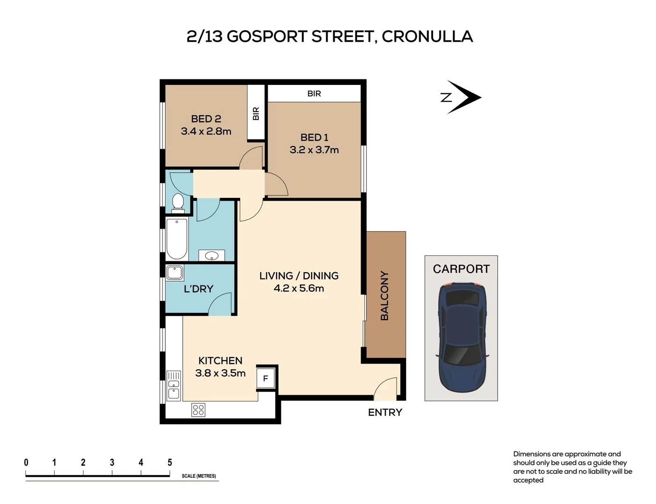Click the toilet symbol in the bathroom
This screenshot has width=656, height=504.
(x=178, y=203)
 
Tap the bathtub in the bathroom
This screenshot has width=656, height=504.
(x=177, y=238)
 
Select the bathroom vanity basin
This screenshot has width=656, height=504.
(x=212, y=256)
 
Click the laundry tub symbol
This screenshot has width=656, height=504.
(x=174, y=273)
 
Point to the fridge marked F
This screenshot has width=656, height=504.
(x=265, y=378)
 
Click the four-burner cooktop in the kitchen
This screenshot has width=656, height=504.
(x=198, y=410)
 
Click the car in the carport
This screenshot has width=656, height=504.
(x=462, y=336)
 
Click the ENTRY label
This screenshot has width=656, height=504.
(x=385, y=413)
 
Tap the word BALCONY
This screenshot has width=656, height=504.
(x=385, y=295)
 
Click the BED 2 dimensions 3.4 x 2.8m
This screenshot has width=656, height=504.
(x=206, y=132)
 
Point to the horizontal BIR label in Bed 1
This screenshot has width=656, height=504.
(x=314, y=94)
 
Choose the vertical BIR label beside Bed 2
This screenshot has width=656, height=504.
(x=256, y=113)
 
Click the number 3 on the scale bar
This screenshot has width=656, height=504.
(x=112, y=462)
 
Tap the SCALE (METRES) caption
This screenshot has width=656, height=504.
(x=199, y=476)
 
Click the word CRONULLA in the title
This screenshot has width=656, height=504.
(x=427, y=36)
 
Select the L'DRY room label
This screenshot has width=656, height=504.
(x=198, y=289)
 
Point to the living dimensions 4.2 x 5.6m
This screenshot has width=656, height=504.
(x=299, y=288)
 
